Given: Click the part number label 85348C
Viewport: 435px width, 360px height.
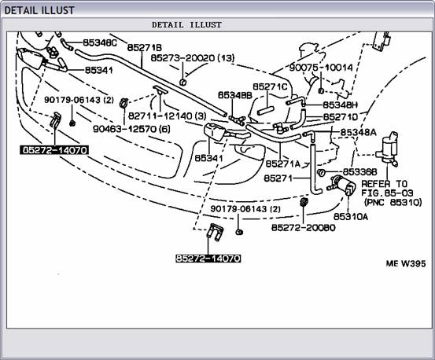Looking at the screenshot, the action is pyautogui.click(x=100, y=42).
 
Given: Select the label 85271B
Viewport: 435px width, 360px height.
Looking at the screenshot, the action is pyautogui.click(x=145, y=48).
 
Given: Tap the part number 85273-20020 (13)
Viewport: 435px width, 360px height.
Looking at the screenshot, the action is pyautogui.click(x=193, y=58).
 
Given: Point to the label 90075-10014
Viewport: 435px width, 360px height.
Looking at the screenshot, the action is pyautogui.click(x=321, y=68).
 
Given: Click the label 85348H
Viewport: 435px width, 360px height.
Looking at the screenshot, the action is pyautogui.click(x=341, y=105).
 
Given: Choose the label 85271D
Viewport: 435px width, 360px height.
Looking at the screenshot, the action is pyautogui.click(x=341, y=117).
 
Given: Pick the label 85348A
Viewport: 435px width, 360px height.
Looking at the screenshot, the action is pyautogui.click(x=358, y=133).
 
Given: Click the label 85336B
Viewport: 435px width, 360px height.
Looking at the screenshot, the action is pyautogui.click(x=359, y=172).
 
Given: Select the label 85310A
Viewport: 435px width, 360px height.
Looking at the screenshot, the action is pyautogui.click(x=351, y=216).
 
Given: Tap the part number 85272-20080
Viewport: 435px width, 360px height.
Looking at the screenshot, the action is pyautogui.click(x=303, y=227).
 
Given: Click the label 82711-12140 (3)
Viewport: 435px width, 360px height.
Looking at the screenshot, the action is pyautogui.click(x=168, y=116).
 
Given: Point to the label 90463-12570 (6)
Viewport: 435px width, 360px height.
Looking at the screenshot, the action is pyautogui.click(x=131, y=129).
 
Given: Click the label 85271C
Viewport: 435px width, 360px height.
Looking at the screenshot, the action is pyautogui.click(x=270, y=86).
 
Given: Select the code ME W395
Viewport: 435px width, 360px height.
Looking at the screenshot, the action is pyautogui.click(x=406, y=263).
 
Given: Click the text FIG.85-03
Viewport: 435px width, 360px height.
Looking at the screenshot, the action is pyautogui.click(x=387, y=193).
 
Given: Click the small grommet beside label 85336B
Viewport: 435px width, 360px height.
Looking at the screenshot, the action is pyautogui.click(x=322, y=172).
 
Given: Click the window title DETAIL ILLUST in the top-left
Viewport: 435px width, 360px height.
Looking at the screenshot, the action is pyautogui.click(x=39, y=10).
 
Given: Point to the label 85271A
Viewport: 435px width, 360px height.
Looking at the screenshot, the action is pyautogui.click(x=283, y=163).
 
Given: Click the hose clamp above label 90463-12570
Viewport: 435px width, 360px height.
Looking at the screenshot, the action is pyautogui.click(x=123, y=103).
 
